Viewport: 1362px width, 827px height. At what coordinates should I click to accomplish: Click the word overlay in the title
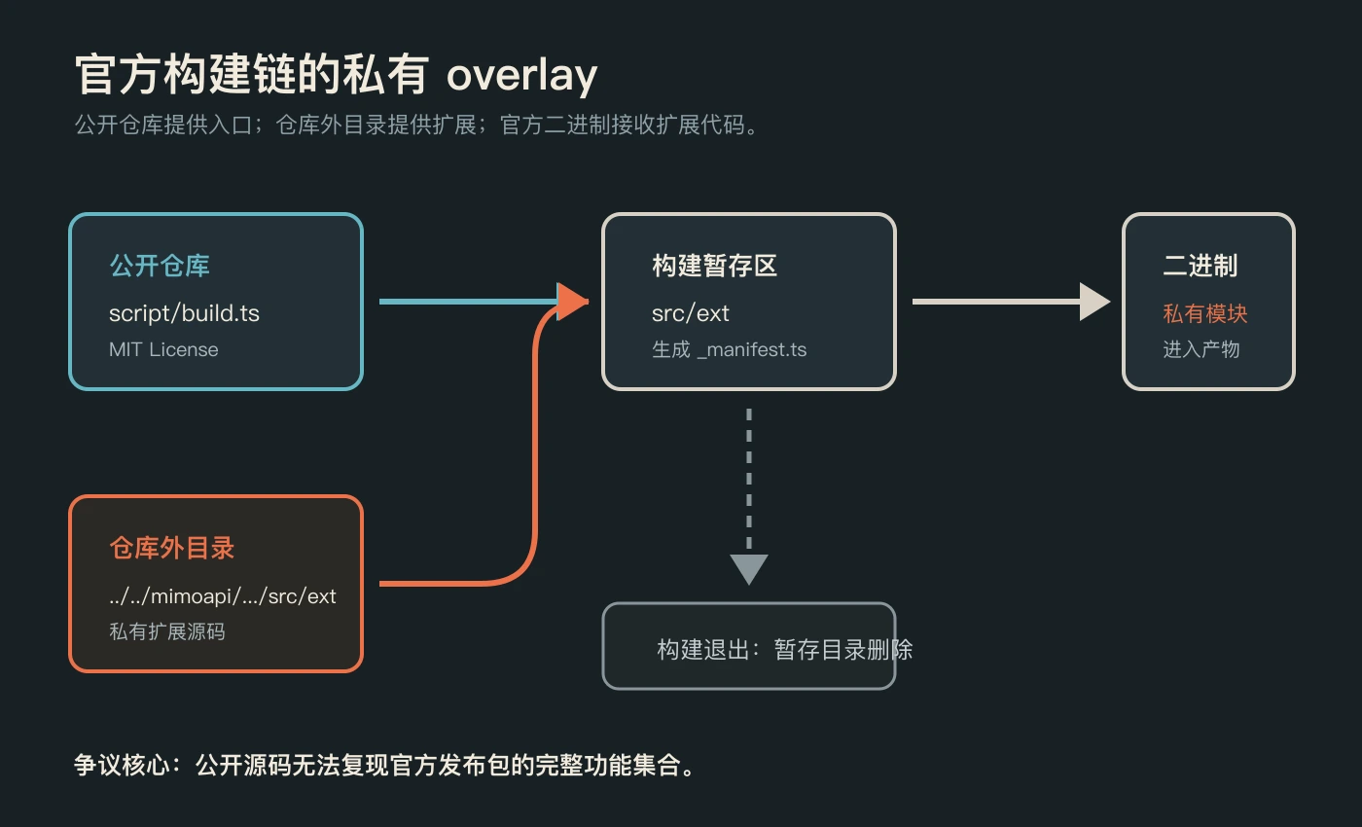[x=521, y=76]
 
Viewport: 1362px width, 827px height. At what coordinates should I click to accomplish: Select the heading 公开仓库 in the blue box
[x=160, y=266]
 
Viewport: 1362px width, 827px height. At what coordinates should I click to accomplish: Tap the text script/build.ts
[x=184, y=313]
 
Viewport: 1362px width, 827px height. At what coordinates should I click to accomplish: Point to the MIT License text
[x=163, y=349]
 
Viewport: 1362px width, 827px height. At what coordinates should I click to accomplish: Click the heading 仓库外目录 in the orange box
[x=172, y=548]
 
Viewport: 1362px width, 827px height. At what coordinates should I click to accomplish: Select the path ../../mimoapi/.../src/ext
[x=223, y=595]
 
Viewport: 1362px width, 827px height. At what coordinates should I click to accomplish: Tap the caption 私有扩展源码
[x=167, y=631]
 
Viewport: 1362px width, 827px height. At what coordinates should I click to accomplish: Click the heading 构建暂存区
[x=714, y=266]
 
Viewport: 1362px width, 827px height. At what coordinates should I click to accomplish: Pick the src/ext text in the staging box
[x=690, y=313]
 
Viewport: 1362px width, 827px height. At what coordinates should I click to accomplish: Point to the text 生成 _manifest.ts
[x=729, y=349]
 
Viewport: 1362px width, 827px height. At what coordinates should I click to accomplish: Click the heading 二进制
[x=1201, y=266]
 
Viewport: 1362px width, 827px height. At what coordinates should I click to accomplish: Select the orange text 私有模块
[x=1205, y=313]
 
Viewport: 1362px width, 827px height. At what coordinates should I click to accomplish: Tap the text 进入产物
[x=1201, y=349]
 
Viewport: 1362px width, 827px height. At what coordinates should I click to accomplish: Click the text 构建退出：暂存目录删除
[x=784, y=650]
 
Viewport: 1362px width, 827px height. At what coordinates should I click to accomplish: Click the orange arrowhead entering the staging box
[x=572, y=302]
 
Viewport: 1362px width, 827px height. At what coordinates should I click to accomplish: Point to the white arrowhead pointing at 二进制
[x=1094, y=302]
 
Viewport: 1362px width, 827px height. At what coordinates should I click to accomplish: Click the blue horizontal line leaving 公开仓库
[x=469, y=302]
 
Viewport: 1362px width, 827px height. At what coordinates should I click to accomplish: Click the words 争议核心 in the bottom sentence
[x=122, y=765]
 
